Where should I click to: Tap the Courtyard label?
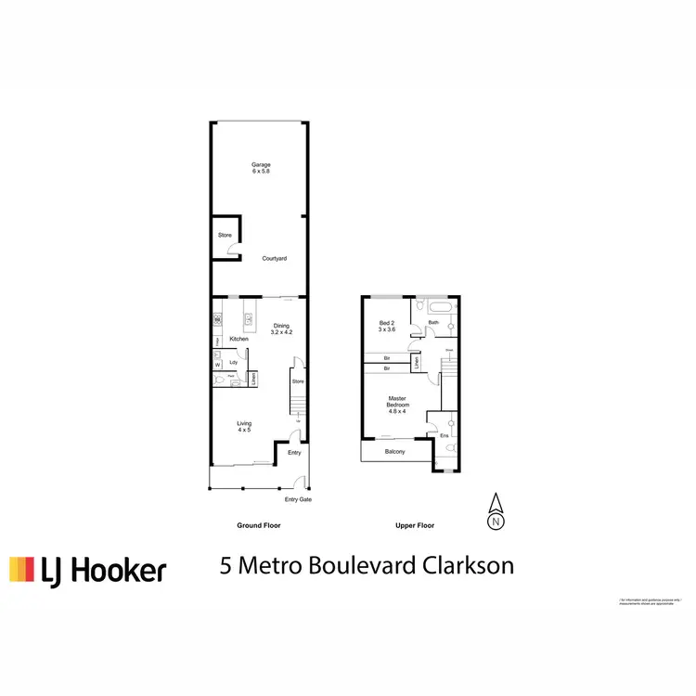click(x=273, y=258)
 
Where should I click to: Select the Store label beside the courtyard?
click(x=225, y=235)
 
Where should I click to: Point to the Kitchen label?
click(x=239, y=339)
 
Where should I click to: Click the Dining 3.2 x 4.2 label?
click(x=282, y=329)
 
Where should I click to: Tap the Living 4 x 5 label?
click(x=245, y=427)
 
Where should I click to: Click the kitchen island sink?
click(x=249, y=319)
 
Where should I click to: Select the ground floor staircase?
click(x=298, y=404)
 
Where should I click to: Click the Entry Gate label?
click(x=298, y=500)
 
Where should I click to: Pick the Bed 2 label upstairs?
click(x=387, y=327)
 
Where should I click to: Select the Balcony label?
click(x=396, y=451)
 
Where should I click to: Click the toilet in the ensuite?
click(x=449, y=449)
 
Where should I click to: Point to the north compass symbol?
click(x=496, y=511)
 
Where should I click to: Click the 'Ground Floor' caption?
click(x=259, y=525)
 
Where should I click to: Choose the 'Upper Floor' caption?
click(x=414, y=525)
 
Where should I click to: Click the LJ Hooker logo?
click(x=88, y=569)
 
